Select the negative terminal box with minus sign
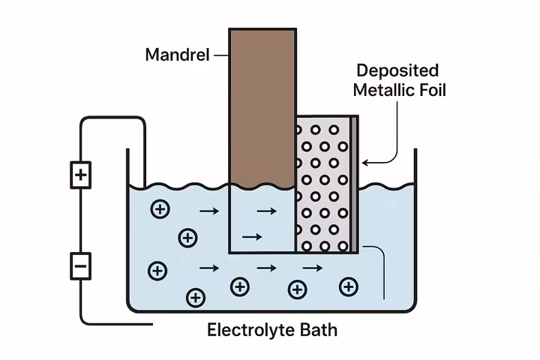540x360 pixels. coord(80,265)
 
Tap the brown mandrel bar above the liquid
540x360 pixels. coord(262,105)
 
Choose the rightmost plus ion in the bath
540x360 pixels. coord(347,286)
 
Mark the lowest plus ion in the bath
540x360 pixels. coord(196,298)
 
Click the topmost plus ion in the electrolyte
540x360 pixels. coord(159,209)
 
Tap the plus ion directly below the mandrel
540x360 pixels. coord(239,286)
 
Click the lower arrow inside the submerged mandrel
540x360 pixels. coord(252,237)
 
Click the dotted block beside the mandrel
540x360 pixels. coord(322,184)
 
